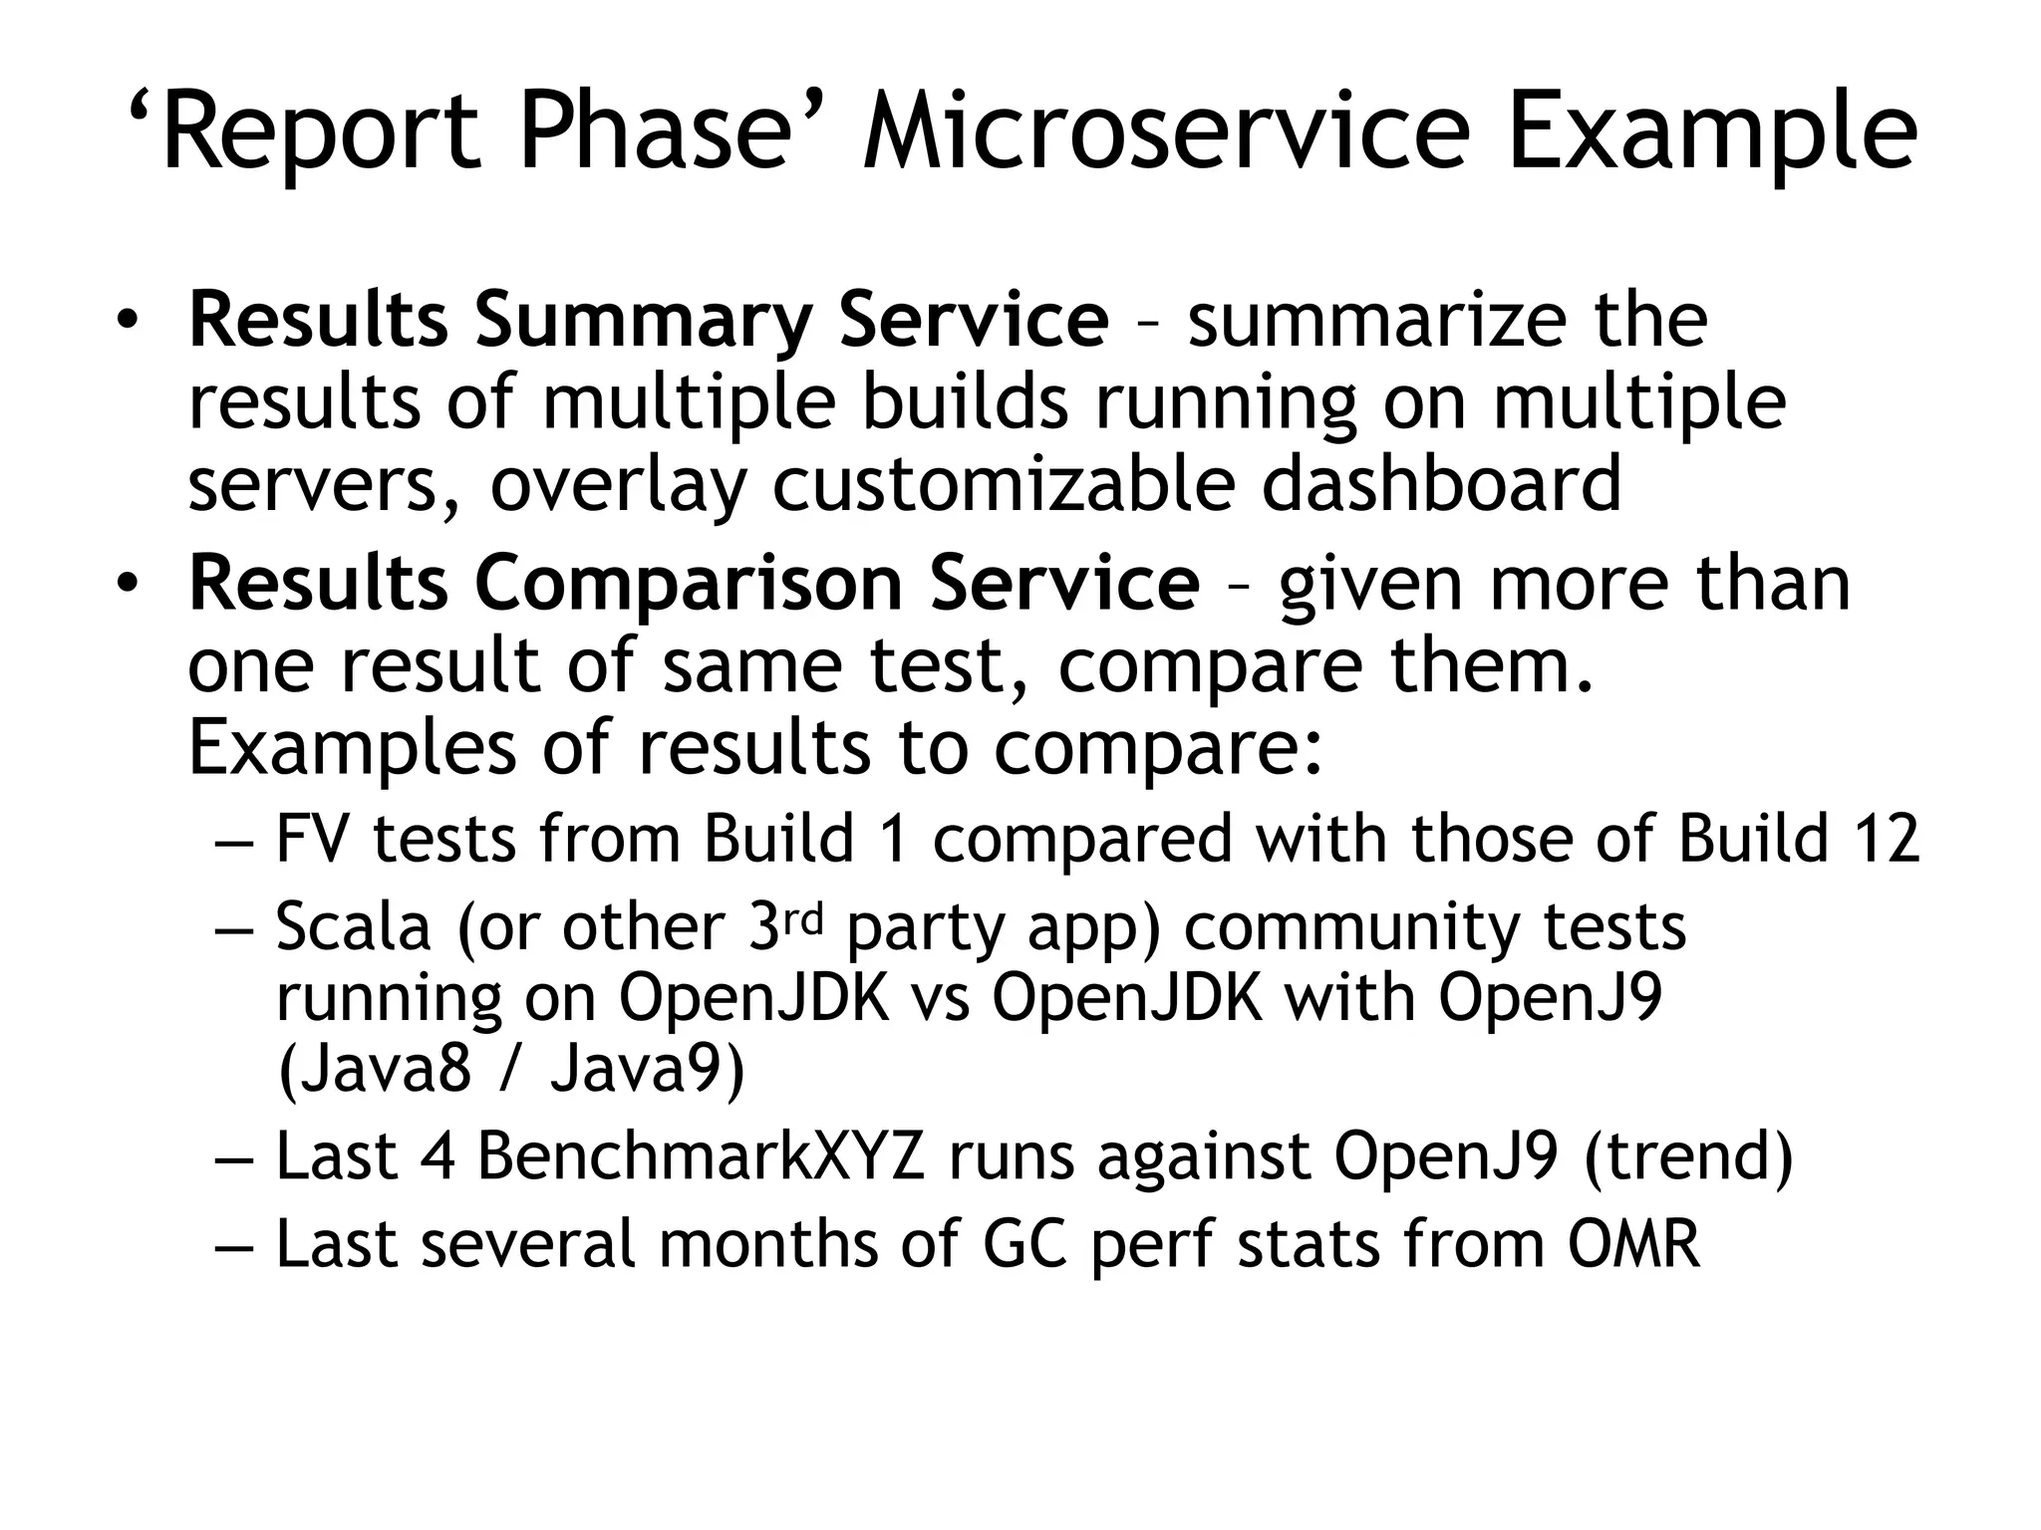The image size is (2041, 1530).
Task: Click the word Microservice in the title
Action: click(1166, 132)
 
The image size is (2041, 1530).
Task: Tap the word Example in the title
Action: click(1711, 132)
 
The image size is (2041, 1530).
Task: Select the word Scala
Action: click(354, 926)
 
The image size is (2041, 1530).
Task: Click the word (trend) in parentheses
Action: click(1688, 1157)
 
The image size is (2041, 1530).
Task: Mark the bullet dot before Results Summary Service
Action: click(126, 321)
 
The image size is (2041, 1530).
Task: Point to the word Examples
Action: click(352, 749)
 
